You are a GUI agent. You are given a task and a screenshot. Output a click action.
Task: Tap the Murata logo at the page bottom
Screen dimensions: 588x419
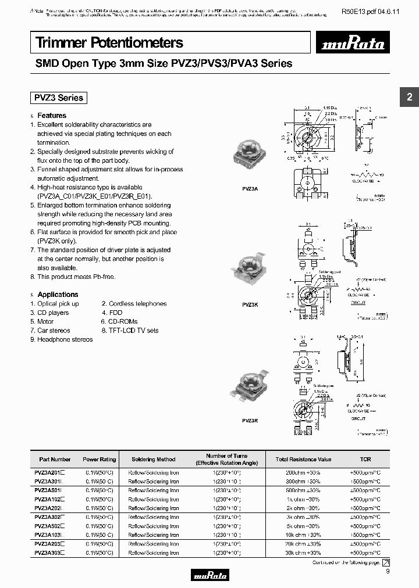click(210, 575)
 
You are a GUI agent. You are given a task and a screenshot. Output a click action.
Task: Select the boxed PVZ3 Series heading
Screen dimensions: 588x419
click(58, 98)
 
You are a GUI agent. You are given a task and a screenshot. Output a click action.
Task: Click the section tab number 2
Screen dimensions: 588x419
click(409, 98)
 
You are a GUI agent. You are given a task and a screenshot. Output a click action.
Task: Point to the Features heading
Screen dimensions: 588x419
click(52, 116)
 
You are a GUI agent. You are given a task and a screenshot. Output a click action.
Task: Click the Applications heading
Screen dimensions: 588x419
click(58, 295)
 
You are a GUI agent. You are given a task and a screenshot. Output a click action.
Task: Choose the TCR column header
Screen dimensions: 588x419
click(365, 459)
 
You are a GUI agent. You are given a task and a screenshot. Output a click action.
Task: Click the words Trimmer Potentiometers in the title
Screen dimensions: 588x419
click(109, 42)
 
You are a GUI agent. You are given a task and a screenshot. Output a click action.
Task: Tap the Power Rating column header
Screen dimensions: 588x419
click(99, 459)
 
